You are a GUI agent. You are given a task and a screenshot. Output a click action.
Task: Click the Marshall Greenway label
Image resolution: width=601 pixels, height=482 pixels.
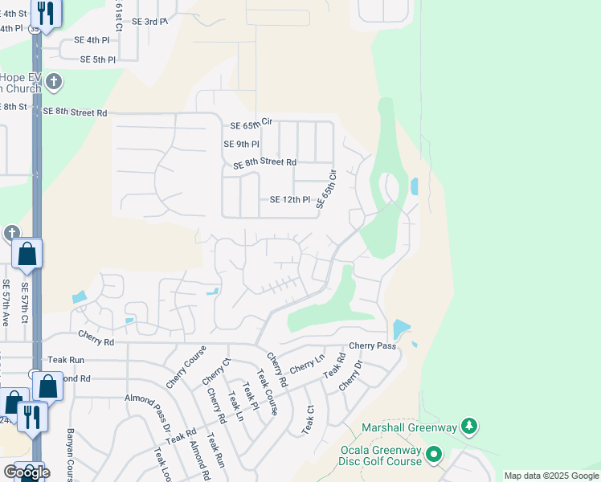[x=409, y=427]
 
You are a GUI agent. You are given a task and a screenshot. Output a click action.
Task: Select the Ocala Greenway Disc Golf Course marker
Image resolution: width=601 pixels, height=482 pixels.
[x=435, y=455]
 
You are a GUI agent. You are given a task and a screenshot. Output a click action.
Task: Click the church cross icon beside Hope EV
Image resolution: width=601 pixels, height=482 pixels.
[x=54, y=81]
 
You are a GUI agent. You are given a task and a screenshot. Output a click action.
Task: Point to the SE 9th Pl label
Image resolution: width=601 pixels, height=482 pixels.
[x=241, y=145]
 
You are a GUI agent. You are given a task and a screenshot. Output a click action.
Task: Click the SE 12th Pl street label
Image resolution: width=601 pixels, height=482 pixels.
[x=289, y=200]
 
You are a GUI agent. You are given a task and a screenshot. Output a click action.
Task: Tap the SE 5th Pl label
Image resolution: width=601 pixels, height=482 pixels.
[x=98, y=59]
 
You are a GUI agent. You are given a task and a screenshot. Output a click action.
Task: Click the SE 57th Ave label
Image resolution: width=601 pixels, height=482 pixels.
[x=6, y=302]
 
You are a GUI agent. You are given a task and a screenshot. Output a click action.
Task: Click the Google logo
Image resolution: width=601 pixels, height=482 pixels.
[x=27, y=472]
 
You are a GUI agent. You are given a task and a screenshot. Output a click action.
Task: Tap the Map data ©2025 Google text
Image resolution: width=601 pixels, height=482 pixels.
[x=550, y=476]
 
